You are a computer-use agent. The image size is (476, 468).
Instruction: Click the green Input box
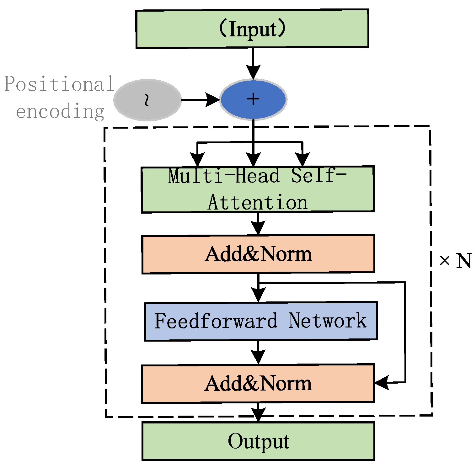[252, 29]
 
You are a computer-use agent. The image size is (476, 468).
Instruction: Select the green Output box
[258, 441]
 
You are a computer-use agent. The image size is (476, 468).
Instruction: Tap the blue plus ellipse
[253, 99]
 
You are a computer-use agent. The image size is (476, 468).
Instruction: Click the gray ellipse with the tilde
[147, 100]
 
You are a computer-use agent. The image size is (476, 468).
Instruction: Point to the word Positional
[59, 84]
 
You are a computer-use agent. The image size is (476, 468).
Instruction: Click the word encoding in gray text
[60, 111]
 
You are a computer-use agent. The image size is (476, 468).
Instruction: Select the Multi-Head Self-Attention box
[258, 189]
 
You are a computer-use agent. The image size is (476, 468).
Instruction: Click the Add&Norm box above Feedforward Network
[258, 254]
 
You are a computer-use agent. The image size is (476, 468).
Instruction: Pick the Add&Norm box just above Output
[258, 383]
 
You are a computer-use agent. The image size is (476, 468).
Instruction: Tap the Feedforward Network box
[261, 321]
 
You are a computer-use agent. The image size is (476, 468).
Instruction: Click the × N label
[455, 260]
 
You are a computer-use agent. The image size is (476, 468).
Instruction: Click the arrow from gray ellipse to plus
[201, 100]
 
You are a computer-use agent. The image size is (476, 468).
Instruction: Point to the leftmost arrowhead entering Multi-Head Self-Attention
[197, 159]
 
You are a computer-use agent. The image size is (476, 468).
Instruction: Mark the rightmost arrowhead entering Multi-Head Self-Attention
[302, 159]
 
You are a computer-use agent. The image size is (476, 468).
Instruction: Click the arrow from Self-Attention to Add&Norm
[258, 224]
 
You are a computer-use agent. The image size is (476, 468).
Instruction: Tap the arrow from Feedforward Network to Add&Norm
[258, 353]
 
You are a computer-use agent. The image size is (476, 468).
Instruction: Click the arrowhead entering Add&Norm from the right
[382, 383]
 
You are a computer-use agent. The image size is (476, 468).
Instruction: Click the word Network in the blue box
[327, 321]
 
